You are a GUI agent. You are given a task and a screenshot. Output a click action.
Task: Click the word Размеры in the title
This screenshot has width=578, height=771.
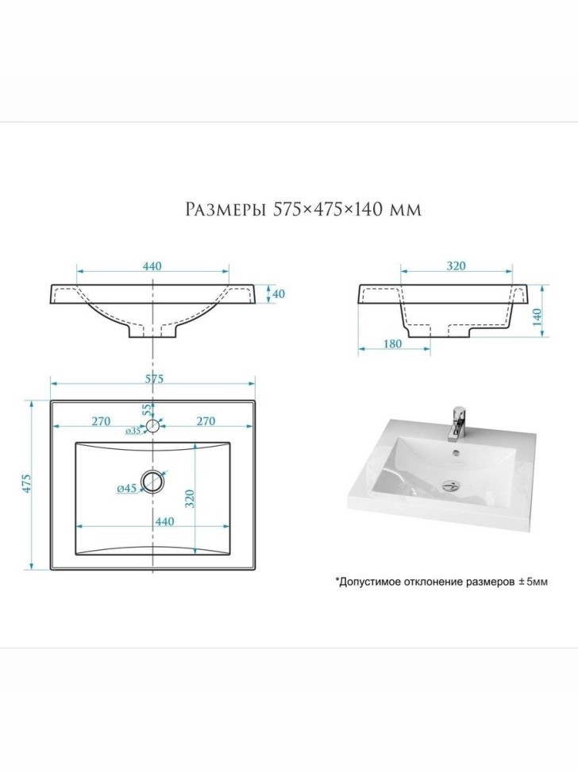(x=226, y=210)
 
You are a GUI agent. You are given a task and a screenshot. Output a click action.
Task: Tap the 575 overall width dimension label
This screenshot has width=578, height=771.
(x=153, y=378)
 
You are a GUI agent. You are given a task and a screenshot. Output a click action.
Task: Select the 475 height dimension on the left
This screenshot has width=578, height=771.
(x=27, y=484)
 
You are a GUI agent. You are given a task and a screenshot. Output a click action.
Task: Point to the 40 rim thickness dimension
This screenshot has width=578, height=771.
(x=278, y=293)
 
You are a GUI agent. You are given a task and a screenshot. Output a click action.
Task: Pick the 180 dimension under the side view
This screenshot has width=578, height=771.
(x=392, y=343)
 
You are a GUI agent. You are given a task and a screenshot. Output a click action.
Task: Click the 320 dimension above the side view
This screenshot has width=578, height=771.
(x=456, y=266)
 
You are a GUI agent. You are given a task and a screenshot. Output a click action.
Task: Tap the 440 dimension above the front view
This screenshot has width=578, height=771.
(x=152, y=266)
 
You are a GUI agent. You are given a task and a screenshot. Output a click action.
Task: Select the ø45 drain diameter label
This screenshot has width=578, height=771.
(x=126, y=489)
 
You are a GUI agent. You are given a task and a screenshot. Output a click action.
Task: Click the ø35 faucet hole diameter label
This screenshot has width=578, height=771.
(x=133, y=432)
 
